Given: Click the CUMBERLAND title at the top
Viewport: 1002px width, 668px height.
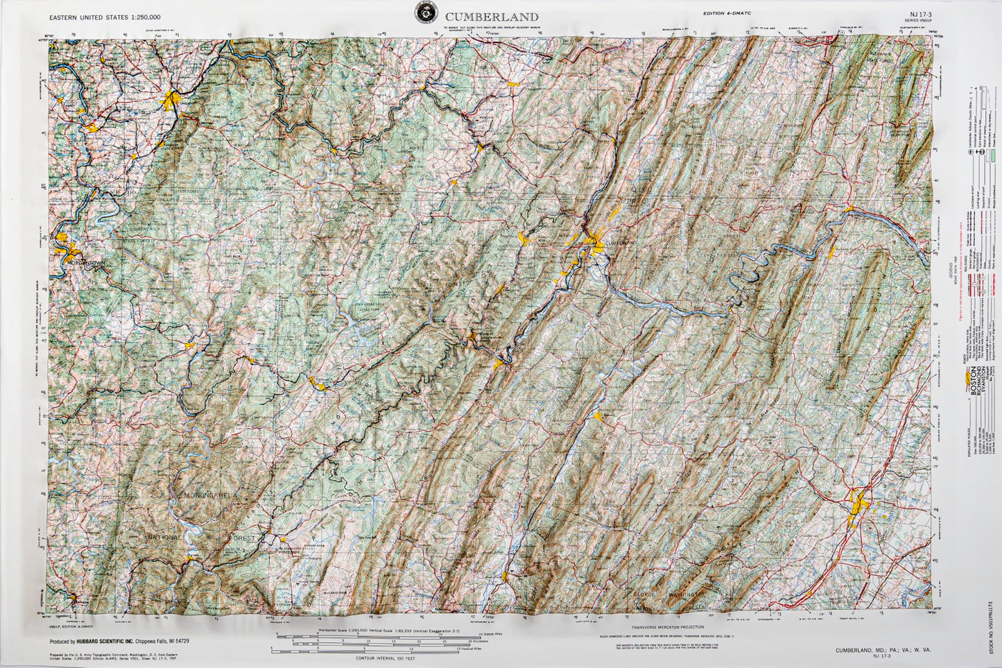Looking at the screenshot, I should coord(492,17).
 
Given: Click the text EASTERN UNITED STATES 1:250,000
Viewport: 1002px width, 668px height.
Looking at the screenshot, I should coord(105,17).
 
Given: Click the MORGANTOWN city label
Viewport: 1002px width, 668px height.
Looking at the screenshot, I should coord(86,265).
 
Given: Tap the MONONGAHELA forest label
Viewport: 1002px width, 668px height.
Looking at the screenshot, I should coord(209,495).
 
